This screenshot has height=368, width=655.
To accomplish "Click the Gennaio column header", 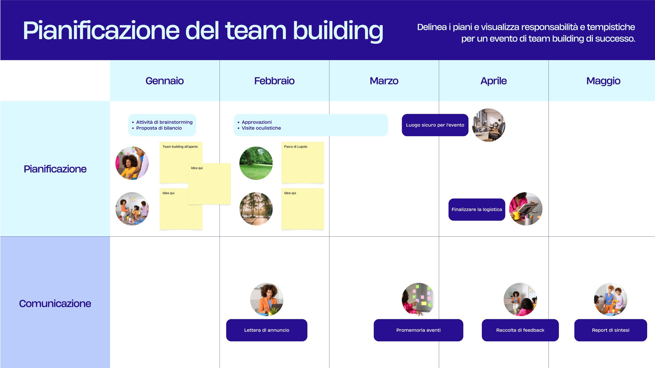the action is [165, 81].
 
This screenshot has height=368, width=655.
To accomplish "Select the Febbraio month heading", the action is [274, 81].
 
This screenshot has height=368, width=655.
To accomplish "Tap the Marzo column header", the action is [384, 81].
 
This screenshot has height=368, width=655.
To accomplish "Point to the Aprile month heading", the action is [494, 81].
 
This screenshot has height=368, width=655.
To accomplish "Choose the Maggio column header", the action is [603, 81].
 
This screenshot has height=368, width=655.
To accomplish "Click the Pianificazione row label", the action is [55, 169].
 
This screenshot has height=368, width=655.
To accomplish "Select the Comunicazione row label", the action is [55, 304].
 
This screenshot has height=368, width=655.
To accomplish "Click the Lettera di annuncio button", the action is [267, 330].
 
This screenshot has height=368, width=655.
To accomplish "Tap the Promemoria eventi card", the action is [418, 330].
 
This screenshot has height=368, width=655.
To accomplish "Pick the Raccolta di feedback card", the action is [520, 330].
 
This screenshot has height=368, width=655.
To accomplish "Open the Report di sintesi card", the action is [610, 330].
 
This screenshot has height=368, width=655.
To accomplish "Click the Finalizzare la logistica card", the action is [477, 209].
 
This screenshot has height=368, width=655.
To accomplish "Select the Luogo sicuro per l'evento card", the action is [435, 125].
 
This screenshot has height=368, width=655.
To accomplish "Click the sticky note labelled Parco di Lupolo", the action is [303, 163].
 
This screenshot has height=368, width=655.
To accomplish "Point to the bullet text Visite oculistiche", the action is [261, 128].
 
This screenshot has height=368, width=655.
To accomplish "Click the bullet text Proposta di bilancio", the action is [159, 128].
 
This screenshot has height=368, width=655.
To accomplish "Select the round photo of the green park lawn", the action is [256, 163].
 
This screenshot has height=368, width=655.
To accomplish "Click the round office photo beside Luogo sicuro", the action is [489, 125].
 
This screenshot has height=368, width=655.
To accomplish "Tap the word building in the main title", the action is [338, 31].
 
